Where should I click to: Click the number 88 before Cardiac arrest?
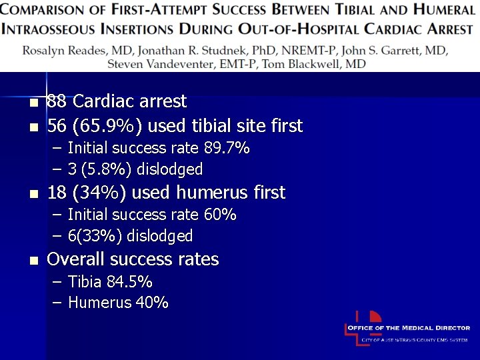click(x=57, y=102)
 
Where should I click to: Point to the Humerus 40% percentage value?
click(x=152, y=303)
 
